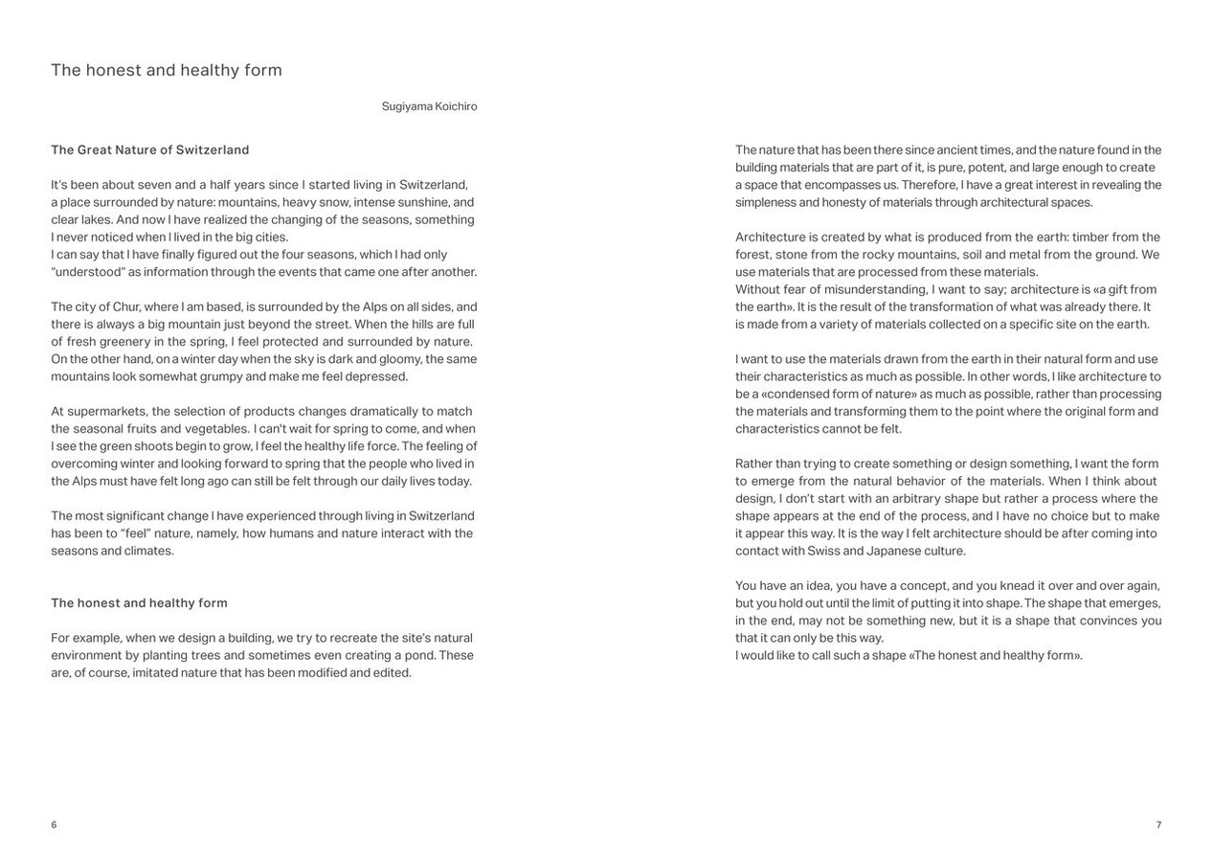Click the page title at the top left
click(167, 70)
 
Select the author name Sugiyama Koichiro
click(429, 106)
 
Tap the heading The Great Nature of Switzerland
click(150, 150)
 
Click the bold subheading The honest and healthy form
click(139, 603)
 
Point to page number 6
click(54, 825)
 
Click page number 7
click(1158, 825)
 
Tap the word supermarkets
click(106, 412)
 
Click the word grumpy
click(219, 376)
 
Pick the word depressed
click(377, 376)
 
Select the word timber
click(1090, 238)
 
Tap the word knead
click(1016, 586)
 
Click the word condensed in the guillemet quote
click(796, 395)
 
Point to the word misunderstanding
click(868, 290)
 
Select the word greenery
click(124, 342)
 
